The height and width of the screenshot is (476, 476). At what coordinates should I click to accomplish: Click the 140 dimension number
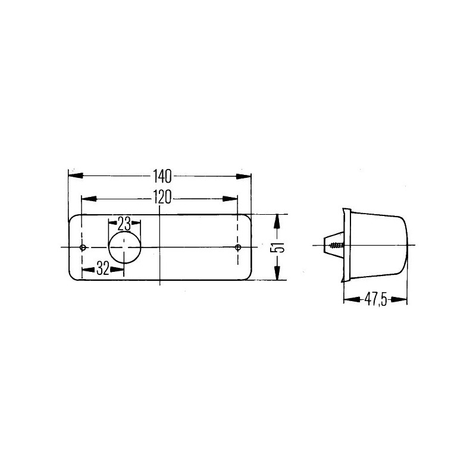pyautogui.click(x=162, y=176)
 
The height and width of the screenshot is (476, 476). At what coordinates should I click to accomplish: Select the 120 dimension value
pyautogui.click(x=162, y=198)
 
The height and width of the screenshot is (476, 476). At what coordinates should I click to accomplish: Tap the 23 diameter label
pyautogui.click(x=124, y=224)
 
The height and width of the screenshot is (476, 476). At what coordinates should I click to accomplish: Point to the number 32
pyautogui.click(x=102, y=268)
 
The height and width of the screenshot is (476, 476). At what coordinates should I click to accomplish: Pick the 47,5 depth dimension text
pyautogui.click(x=376, y=300)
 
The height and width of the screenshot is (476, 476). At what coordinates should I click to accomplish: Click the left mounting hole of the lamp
pyautogui.click(x=83, y=248)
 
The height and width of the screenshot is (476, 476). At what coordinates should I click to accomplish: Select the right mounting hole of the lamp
pyautogui.click(x=237, y=248)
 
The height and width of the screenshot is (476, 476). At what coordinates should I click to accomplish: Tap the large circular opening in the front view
pyautogui.click(x=125, y=247)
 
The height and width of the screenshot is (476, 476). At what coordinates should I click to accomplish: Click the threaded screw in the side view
pyautogui.click(x=337, y=245)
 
